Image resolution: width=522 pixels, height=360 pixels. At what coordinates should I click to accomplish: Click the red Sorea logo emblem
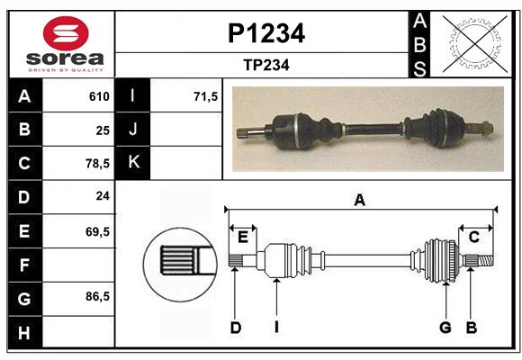[x=65, y=36]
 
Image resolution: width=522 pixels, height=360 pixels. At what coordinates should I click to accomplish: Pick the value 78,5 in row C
[x=97, y=164]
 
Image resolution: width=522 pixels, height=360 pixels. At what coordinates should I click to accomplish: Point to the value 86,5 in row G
[x=97, y=296]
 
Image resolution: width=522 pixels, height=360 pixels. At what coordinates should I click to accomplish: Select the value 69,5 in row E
[x=97, y=231]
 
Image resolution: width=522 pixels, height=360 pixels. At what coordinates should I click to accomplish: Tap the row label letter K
[x=133, y=163]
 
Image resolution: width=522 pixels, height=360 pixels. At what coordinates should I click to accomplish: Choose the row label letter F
[x=24, y=265]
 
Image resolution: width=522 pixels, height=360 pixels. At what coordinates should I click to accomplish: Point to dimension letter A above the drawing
[x=360, y=201]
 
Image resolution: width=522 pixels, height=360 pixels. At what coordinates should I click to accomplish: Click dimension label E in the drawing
[x=243, y=238]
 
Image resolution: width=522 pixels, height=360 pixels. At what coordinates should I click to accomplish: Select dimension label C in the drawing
[x=473, y=238]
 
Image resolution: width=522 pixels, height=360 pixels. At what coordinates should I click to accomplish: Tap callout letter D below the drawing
[x=236, y=328]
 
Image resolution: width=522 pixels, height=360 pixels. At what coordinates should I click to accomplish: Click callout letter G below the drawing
[x=445, y=328]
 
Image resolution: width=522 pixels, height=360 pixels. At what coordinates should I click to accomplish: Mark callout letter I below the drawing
[x=276, y=328]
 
